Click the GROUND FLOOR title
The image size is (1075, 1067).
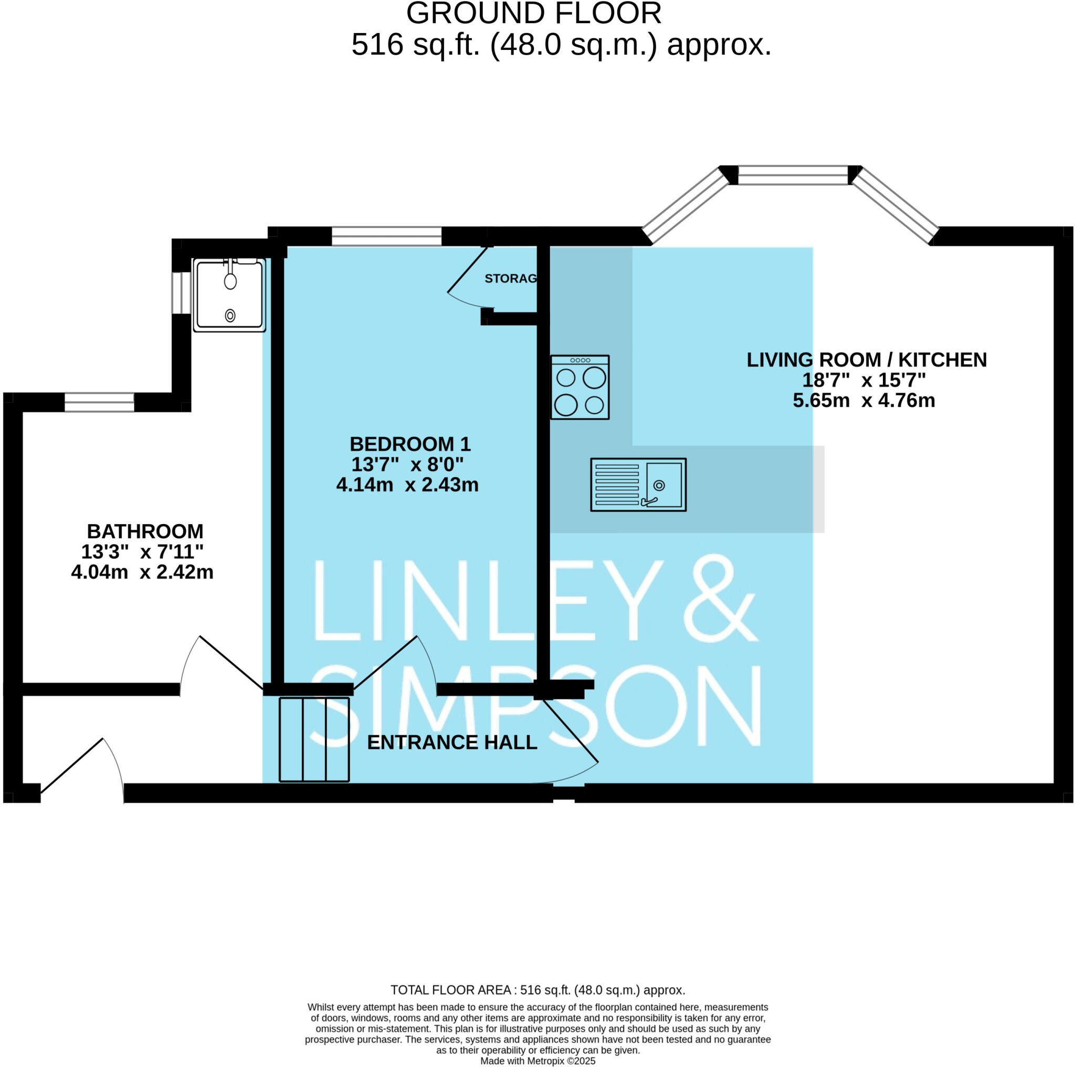tap(534, 13)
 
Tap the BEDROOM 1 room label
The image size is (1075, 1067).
tap(410, 444)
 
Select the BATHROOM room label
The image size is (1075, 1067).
tap(145, 531)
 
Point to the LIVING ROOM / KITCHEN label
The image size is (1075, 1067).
tap(866, 360)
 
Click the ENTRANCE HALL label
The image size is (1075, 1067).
tap(452, 742)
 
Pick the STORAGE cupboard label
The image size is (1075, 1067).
tap(510, 278)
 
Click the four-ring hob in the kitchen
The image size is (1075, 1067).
tap(580, 387)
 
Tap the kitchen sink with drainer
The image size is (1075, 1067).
tap(638, 484)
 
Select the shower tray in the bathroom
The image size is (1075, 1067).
tap(229, 295)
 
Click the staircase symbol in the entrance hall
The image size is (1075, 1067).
tap(314, 739)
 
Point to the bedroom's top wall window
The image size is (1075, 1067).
tap(387, 236)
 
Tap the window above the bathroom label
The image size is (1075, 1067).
tap(100, 402)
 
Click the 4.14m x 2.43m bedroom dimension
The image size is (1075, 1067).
tap(407, 485)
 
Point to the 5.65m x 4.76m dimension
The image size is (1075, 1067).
tap(863, 400)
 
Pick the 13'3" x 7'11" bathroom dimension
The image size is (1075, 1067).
tap(142, 551)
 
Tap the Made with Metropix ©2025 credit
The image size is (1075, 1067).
tap(537, 1060)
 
